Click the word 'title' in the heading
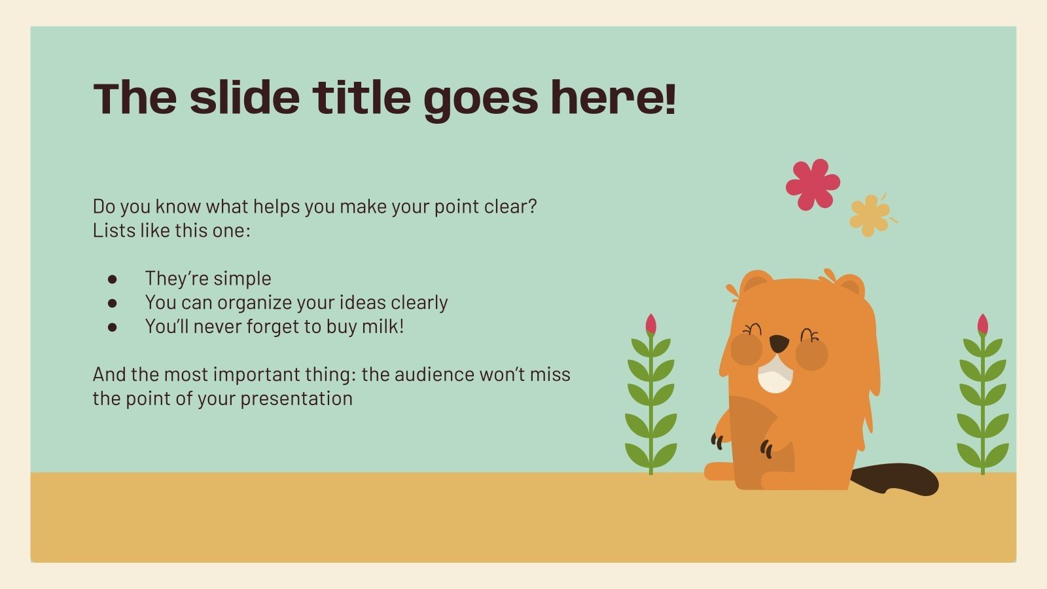coord(361,98)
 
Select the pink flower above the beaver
coord(812,185)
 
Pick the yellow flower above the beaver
coord(870,215)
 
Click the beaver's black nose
coord(778,343)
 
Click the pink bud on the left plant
coord(650,325)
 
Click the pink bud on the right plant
coord(982,325)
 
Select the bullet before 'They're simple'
coord(113,279)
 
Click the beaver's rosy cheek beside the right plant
coord(812,354)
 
